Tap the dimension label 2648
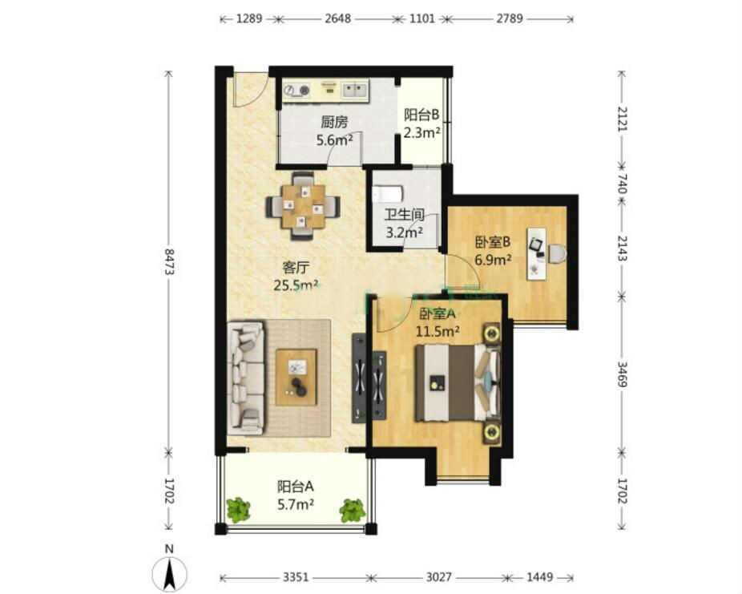[338, 19]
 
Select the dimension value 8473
[169, 262]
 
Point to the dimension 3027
[438, 577]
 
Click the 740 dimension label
[623, 184]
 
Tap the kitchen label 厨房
[334, 123]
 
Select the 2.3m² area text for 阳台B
[422, 132]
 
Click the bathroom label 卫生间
[404, 215]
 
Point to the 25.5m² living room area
[296, 285]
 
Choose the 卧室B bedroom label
[493, 242]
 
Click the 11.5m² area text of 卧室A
[438, 331]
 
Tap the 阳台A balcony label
[296, 487]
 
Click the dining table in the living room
[303, 206]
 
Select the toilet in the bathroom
[387, 194]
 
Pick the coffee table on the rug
[296, 377]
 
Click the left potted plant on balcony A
[238, 510]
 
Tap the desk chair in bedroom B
[557, 253]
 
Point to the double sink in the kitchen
[355, 91]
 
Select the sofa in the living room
[246, 378]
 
